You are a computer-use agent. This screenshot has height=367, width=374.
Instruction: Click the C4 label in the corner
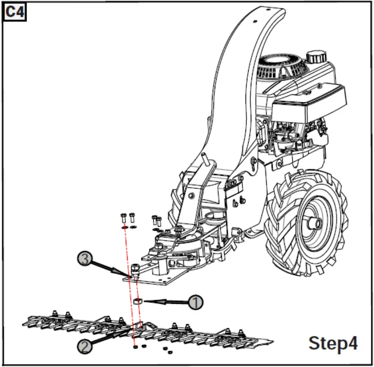15,13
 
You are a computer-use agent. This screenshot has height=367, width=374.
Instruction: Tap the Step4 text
333,343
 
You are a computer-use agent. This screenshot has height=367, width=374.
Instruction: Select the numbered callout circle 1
195,302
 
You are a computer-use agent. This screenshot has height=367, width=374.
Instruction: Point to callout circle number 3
84,259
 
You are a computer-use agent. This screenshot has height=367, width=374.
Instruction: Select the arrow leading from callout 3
111,269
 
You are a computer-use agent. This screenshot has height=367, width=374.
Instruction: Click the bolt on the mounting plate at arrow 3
135,269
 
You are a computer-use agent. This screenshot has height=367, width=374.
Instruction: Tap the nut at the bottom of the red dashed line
135,347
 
